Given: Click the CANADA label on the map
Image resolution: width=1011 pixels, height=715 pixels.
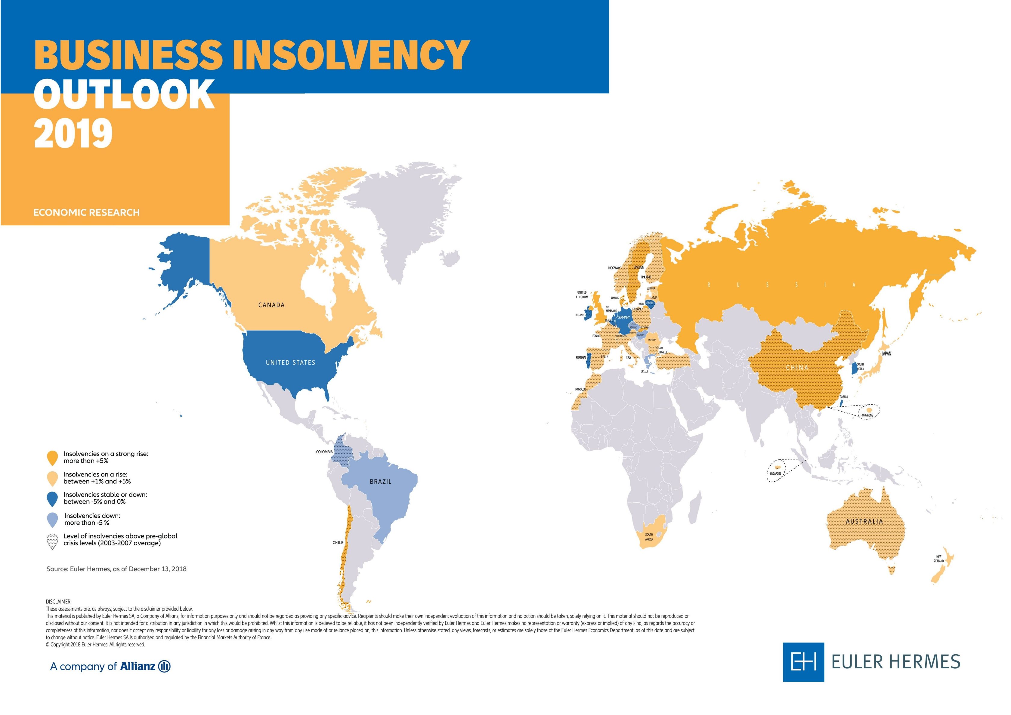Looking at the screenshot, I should point(271,305).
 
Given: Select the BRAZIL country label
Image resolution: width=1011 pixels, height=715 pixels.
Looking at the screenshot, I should point(380,482).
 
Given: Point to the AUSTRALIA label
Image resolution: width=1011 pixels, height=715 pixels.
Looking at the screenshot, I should point(864,521).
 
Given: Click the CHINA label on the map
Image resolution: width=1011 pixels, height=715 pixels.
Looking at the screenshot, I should point(797,367).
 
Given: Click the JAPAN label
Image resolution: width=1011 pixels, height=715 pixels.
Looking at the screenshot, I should point(886,353).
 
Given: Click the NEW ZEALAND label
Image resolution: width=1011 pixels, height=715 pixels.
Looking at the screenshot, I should point(939,559).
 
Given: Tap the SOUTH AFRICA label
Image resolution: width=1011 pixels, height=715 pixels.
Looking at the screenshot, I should point(649,537).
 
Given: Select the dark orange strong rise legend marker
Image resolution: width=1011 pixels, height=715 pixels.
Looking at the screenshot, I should point(52,458).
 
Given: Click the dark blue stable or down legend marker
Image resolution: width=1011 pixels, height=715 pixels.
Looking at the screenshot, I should point(52,498).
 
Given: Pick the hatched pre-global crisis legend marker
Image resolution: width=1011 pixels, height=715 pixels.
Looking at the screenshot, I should point(52,541).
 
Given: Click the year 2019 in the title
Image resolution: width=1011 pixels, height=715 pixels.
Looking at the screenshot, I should point(73,133).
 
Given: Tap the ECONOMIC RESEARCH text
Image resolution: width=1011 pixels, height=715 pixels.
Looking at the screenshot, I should point(86,212).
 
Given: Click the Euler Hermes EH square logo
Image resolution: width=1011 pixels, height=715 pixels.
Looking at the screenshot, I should point(803,662).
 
